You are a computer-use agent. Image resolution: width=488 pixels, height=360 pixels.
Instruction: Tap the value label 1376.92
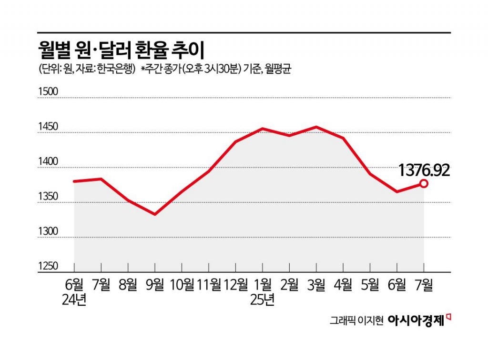pyautogui.click(x=424, y=170)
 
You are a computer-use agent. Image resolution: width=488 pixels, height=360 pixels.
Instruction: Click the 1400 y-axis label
pyautogui.click(x=48, y=162)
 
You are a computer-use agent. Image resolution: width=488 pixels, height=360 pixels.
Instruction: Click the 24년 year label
pyautogui.click(x=74, y=301)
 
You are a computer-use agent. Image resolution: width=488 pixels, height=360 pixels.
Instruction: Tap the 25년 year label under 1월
pyautogui.click(x=262, y=301)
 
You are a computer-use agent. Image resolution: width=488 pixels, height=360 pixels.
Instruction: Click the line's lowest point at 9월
pyautogui.click(x=155, y=214)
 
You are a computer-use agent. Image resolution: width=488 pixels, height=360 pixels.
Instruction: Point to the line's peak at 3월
pyautogui.click(x=316, y=127)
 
